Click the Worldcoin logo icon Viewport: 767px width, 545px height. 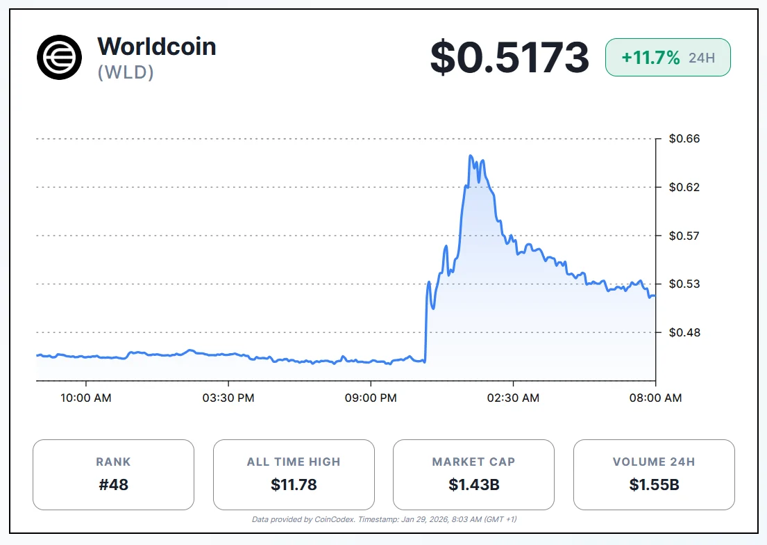coord(60,56)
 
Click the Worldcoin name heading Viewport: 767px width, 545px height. coord(157,47)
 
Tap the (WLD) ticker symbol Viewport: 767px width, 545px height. coord(126,72)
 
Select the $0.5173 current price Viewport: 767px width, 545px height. coord(509,57)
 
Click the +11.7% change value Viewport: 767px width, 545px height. coord(650,58)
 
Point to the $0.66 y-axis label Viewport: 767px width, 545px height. coord(684,139)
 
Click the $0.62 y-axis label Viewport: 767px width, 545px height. coord(684,187)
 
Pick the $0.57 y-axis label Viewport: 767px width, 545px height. coord(684,236)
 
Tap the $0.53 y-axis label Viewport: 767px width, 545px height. coord(684,284)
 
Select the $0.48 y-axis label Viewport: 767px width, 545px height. coord(684,332)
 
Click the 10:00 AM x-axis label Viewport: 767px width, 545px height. coord(86,398)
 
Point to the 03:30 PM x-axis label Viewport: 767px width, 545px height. coord(228,398)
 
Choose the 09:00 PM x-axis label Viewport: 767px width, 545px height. coord(371,398)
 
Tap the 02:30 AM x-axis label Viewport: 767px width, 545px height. coord(513,398)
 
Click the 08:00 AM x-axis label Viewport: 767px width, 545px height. coord(655,398)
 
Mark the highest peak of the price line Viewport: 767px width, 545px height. coord(471,156)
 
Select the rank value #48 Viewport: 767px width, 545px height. coord(113,485)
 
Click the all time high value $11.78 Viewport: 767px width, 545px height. coord(294,485)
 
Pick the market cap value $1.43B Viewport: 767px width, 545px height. coord(473,485)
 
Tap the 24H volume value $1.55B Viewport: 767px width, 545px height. coord(654,485)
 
